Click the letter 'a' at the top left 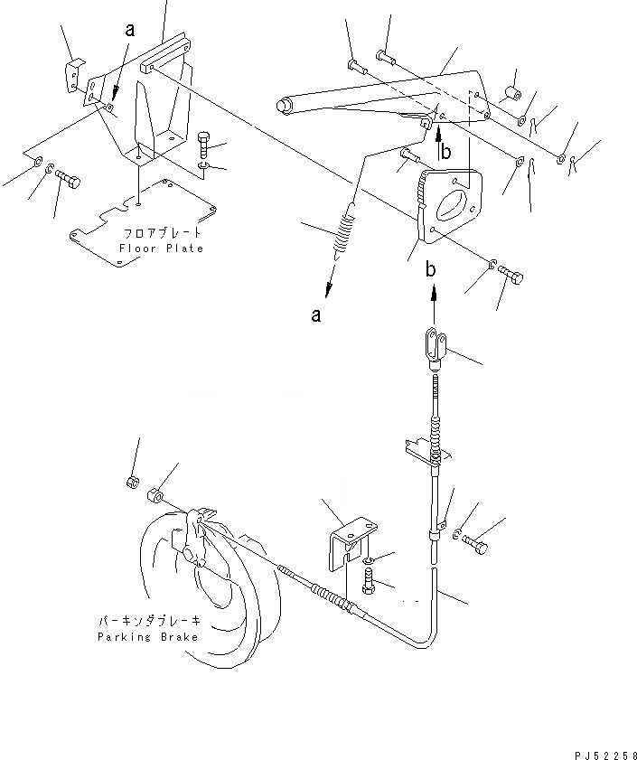point(128,29)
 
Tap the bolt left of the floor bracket point(68,180)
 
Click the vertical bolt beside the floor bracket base point(202,144)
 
